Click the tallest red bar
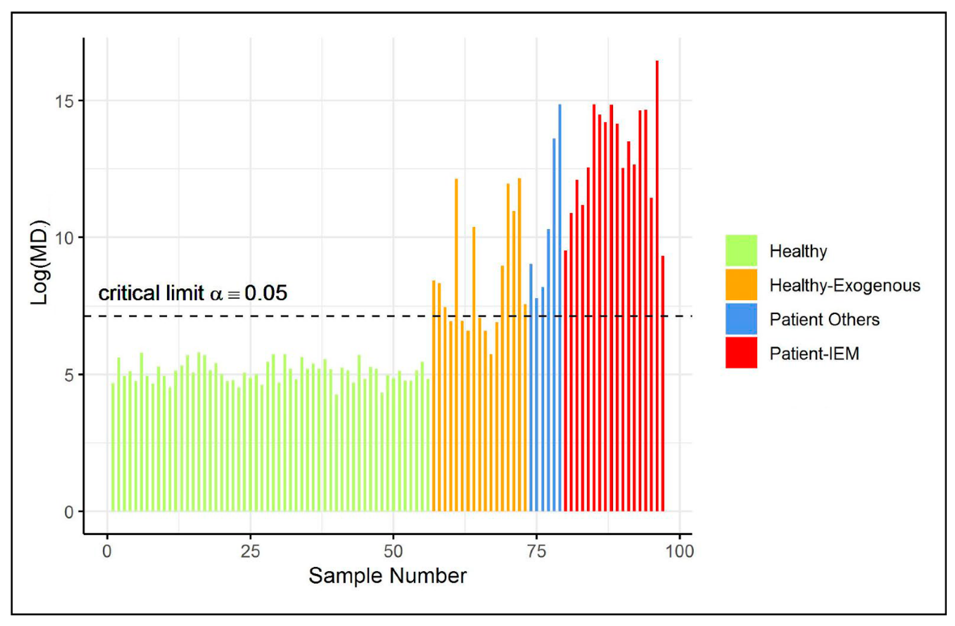pyautogui.click(x=657, y=281)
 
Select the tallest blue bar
pyautogui.click(x=560, y=305)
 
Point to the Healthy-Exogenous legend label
pyautogui.click(x=845, y=285)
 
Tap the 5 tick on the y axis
pyautogui.click(x=69, y=375)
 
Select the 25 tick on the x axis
pyautogui.click(x=250, y=552)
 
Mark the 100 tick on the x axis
pyautogui.click(x=679, y=552)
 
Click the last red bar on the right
pyautogui.click(x=663, y=382)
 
